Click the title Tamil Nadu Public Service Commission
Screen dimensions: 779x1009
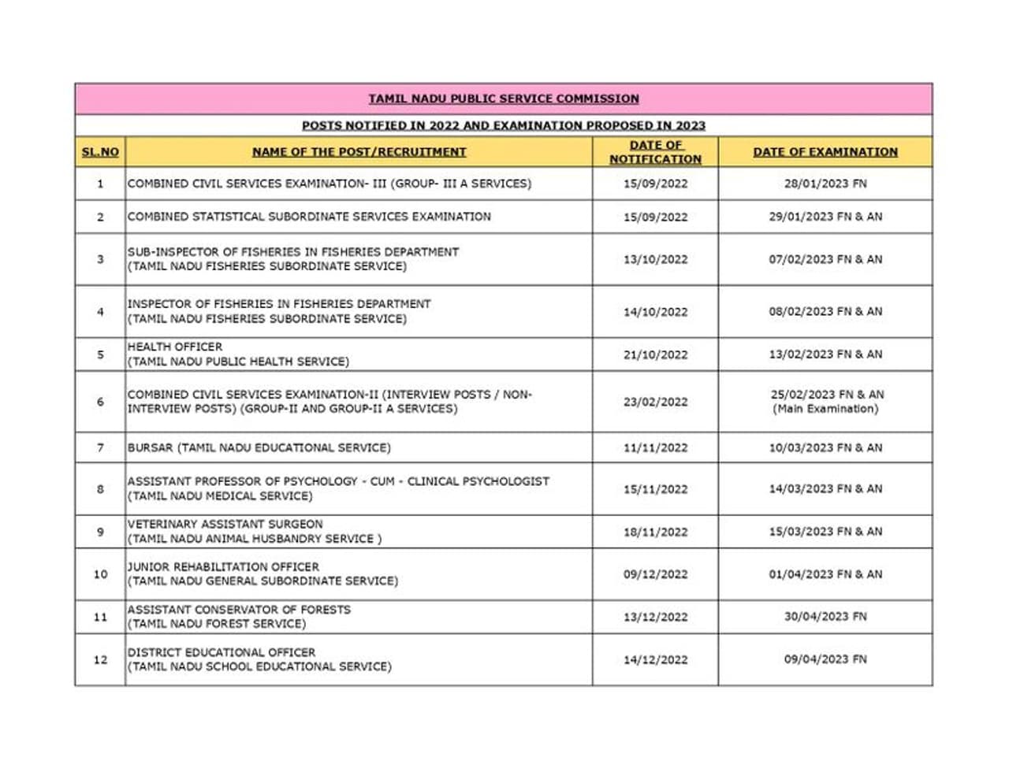[504, 99]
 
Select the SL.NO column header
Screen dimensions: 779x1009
[100, 152]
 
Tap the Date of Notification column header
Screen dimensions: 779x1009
[655, 152]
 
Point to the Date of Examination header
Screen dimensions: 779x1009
[825, 152]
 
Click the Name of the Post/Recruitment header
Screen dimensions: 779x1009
[359, 152]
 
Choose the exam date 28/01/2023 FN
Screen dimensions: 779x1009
[825, 184]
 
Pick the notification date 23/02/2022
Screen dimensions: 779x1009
[655, 402]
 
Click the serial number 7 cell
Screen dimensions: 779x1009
[100, 447]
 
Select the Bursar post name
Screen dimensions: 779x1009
[259, 447]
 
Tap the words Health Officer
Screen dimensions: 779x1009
[175, 347]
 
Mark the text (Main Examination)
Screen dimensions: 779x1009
[825, 409]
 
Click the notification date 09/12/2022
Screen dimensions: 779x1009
[655, 574]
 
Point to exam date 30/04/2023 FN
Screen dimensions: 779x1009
[825, 617]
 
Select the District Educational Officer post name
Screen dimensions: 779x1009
[222, 652]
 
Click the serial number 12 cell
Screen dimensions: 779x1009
[100, 660]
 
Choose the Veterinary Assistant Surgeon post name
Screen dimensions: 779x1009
[225, 524]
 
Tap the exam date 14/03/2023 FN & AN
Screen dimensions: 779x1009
[825, 489]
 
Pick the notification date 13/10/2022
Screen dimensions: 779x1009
[655, 259]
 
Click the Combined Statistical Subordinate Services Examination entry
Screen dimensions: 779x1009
[309, 217]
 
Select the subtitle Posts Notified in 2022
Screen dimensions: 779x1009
[504, 125]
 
